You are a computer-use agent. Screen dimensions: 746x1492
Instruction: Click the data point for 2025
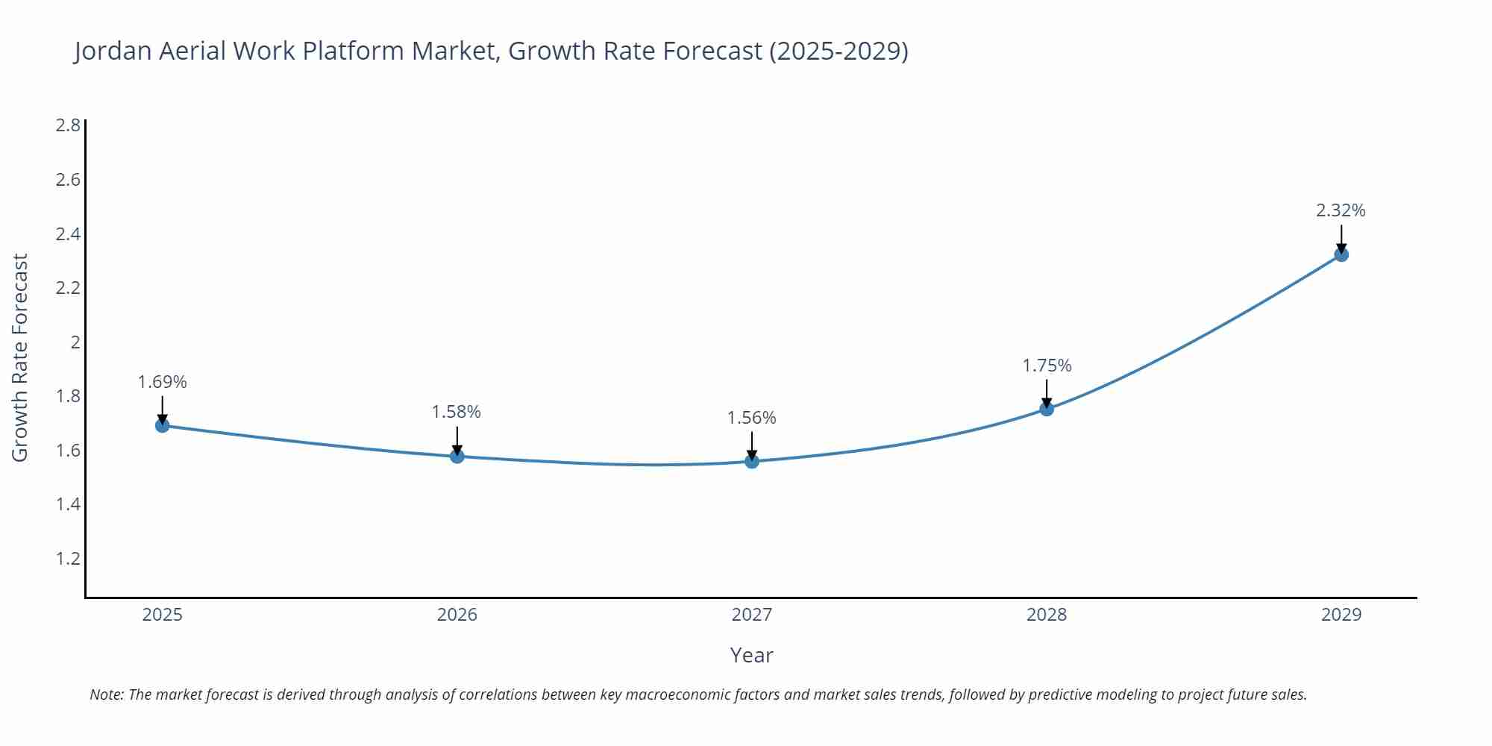(x=162, y=425)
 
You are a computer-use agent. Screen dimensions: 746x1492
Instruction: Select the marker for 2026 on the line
(x=457, y=456)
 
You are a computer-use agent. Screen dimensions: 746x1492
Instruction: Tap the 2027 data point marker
(x=752, y=461)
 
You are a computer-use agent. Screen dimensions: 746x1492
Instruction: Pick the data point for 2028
(x=1047, y=409)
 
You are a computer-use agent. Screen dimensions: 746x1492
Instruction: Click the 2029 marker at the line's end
(x=1341, y=254)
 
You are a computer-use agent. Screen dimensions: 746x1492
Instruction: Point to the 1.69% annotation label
(x=162, y=382)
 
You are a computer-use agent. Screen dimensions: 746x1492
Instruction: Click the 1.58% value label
(x=457, y=412)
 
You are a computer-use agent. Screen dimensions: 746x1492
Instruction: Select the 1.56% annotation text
(x=752, y=418)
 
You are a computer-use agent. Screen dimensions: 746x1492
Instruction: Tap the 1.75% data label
(x=1047, y=366)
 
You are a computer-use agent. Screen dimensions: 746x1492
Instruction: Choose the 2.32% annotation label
(x=1341, y=210)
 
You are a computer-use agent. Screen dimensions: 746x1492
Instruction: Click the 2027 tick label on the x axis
(x=752, y=615)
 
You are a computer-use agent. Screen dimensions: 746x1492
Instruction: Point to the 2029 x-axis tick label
(x=1341, y=615)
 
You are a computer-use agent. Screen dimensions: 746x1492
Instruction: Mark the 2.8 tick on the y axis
(x=68, y=125)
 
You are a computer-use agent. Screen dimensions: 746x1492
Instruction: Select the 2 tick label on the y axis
(x=75, y=342)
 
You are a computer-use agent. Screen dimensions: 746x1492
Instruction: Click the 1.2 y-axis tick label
(x=68, y=559)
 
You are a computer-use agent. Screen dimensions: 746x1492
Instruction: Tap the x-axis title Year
(x=752, y=655)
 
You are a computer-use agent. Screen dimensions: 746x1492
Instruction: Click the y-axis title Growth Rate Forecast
(x=20, y=357)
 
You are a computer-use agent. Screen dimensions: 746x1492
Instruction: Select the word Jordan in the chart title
(x=113, y=51)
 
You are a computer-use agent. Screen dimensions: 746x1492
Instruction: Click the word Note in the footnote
(x=106, y=695)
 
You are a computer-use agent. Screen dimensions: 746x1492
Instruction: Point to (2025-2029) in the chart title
(x=839, y=51)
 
